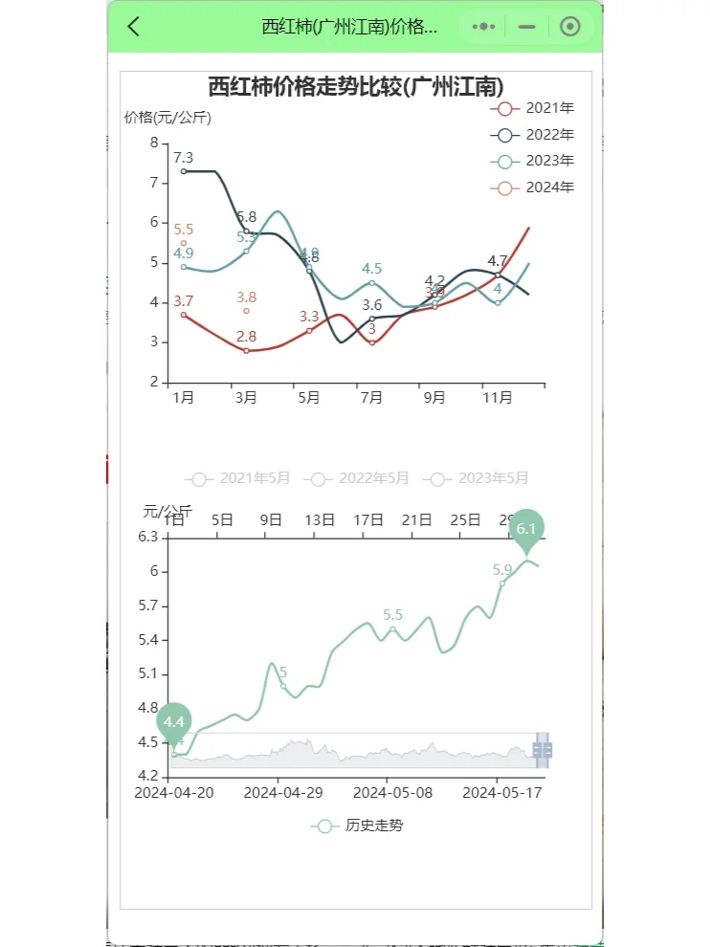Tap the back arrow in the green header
134,27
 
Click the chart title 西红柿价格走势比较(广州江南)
356,86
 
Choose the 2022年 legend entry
531,135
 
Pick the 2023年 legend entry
531,161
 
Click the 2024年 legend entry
531,187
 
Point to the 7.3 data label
184,158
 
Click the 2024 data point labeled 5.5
184,243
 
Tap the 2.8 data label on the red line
246,337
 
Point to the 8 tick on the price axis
153,143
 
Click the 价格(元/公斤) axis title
167,118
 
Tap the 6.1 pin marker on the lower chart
525,529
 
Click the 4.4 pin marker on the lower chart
174,722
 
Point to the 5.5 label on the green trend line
392,615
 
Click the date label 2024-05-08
388,792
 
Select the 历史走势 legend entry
360,825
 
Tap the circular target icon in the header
570,27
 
